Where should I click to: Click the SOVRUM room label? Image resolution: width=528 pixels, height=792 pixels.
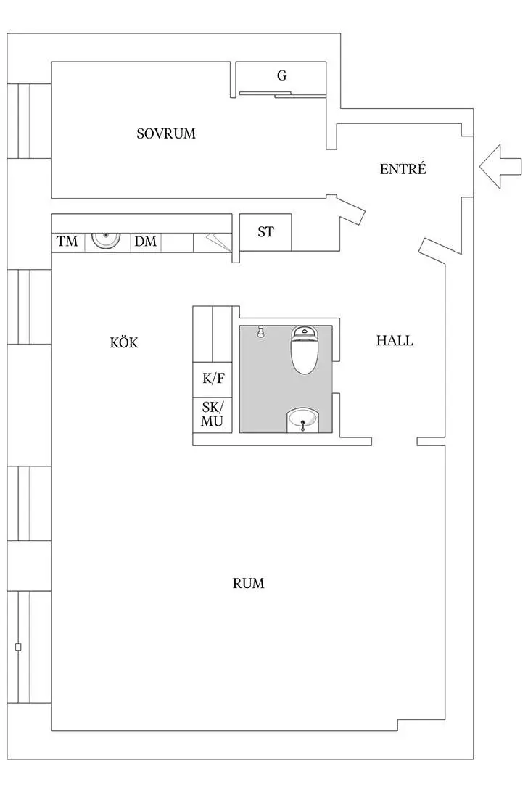pos(166,133)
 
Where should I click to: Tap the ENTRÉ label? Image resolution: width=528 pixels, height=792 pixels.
pos(403,168)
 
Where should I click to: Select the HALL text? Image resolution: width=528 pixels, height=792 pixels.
pos(395,340)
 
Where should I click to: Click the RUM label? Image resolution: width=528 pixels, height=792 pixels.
pos(248,583)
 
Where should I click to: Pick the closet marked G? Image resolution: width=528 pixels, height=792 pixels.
pos(281,78)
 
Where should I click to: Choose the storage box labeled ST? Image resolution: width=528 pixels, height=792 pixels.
pos(265,232)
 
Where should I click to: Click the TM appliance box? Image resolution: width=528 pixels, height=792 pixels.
pos(67,242)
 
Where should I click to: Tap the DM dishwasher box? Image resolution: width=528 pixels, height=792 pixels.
pos(146,242)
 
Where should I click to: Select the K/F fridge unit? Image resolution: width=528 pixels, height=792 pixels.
pos(213,379)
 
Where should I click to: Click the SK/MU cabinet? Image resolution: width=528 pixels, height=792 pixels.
pos(213,415)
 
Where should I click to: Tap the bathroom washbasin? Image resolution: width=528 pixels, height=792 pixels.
pos(302,420)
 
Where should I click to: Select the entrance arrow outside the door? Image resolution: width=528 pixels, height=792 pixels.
pos(500,166)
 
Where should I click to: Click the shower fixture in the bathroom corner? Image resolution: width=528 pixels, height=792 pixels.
pos(260,331)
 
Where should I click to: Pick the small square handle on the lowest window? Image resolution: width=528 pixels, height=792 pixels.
pos(18,647)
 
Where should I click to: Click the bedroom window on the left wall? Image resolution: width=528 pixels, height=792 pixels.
pos(29,121)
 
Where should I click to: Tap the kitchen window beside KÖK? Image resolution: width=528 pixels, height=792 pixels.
pos(29,307)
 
